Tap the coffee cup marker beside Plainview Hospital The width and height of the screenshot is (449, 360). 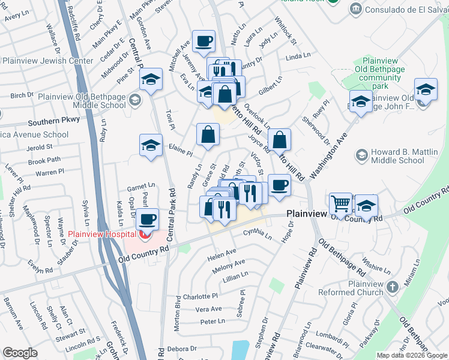[147, 219]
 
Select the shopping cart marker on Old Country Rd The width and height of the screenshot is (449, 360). [341, 204]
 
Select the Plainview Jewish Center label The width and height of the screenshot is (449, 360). [49, 61]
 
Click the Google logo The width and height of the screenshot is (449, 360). [20, 352]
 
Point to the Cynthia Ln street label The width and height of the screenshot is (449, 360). [258, 234]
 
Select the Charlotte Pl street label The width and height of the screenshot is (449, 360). [200, 296]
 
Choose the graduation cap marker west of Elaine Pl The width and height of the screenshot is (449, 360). [151, 145]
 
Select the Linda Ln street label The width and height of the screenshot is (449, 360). [297, 58]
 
